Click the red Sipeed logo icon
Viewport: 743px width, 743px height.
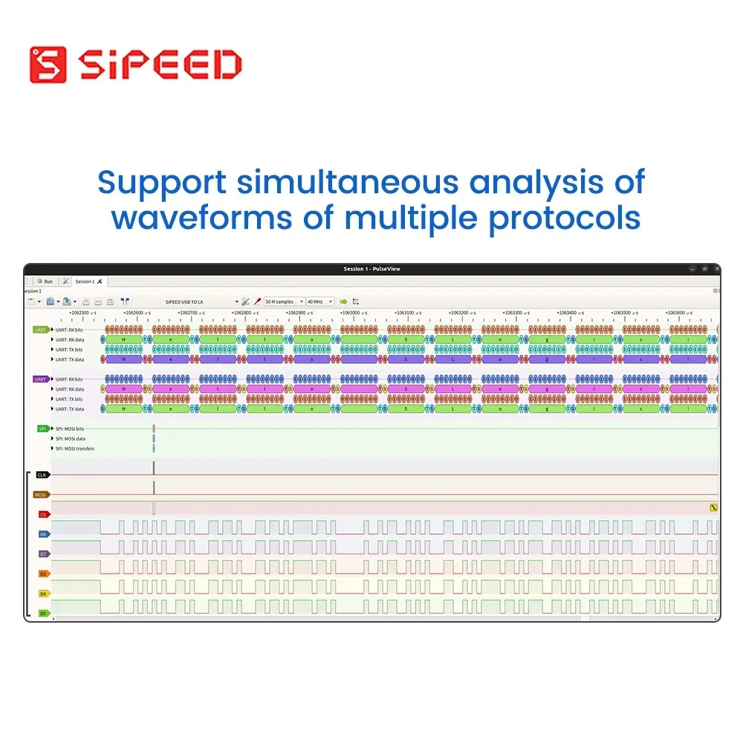[48, 65]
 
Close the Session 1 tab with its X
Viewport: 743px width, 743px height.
[100, 282]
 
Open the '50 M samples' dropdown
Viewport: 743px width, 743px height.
[285, 302]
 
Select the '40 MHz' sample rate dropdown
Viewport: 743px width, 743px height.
[320, 302]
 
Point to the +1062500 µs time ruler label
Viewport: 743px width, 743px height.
[82, 313]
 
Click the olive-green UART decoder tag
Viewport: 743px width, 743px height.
[41, 329]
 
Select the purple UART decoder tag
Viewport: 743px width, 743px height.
[41, 379]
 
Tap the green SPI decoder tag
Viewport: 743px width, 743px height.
[44, 429]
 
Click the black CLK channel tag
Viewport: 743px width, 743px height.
[42, 475]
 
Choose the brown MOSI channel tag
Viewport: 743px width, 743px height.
[41, 494]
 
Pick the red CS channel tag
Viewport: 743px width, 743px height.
[44, 514]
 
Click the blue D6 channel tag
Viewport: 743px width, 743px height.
[44, 534]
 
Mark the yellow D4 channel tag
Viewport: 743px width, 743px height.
[44, 594]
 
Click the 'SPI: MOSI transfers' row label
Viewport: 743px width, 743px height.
[74, 449]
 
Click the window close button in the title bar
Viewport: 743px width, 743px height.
[714, 269]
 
